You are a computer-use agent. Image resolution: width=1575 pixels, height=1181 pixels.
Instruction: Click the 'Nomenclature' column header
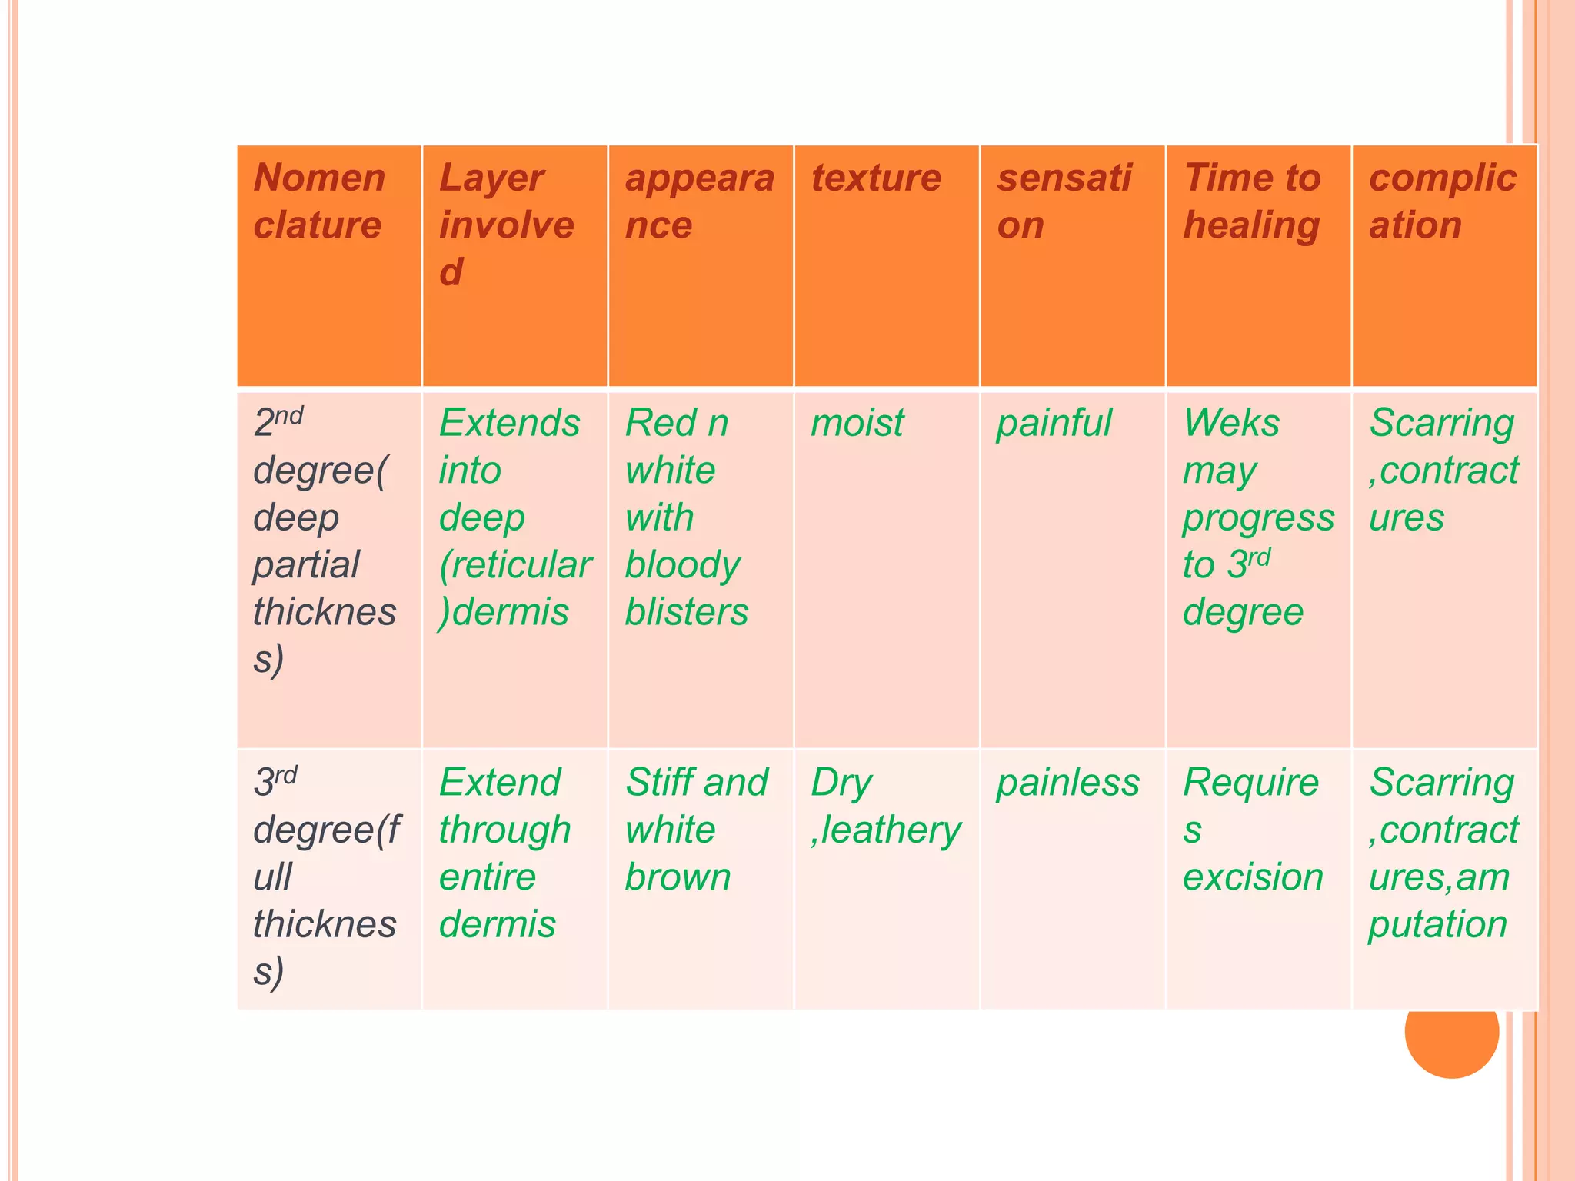pyautogui.click(x=318, y=201)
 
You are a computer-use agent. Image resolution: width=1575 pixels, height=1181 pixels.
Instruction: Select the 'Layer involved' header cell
pyautogui.click(x=506, y=225)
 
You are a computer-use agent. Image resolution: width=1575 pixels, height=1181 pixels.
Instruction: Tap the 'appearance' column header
pyautogui.click(x=699, y=201)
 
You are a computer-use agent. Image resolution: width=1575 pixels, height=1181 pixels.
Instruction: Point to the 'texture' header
pyautogui.click(x=876, y=178)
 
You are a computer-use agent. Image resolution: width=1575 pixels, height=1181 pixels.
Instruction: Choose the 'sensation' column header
pyautogui.click(x=1064, y=201)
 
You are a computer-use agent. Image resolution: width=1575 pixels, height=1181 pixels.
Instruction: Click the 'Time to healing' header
pyautogui.click(x=1251, y=201)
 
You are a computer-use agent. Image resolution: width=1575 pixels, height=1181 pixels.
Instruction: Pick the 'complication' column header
pyautogui.click(x=1442, y=201)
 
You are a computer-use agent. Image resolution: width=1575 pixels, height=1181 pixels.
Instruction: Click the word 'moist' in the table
pyautogui.click(x=857, y=423)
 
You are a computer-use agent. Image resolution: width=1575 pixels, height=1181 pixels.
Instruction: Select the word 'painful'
pyautogui.click(x=1054, y=424)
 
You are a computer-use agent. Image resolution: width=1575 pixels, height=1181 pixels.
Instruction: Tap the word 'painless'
pyautogui.click(x=1067, y=783)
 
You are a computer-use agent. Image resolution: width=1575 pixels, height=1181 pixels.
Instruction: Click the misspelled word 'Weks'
pyautogui.click(x=1231, y=423)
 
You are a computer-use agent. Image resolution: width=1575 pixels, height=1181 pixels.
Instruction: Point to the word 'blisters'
pyautogui.click(x=686, y=612)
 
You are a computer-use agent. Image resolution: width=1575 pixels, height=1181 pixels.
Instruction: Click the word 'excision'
pyautogui.click(x=1253, y=877)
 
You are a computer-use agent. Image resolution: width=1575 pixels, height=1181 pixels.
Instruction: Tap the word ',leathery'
pyautogui.click(x=886, y=831)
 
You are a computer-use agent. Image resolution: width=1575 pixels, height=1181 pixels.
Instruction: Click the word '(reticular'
pyautogui.click(x=514, y=566)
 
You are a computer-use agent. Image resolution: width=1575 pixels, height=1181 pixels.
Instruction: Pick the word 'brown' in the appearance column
pyautogui.click(x=678, y=877)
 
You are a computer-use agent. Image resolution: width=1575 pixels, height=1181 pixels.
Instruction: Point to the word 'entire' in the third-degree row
pyautogui.click(x=487, y=877)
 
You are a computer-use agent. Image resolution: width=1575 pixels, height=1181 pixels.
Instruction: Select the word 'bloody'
pyautogui.click(x=682, y=566)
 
